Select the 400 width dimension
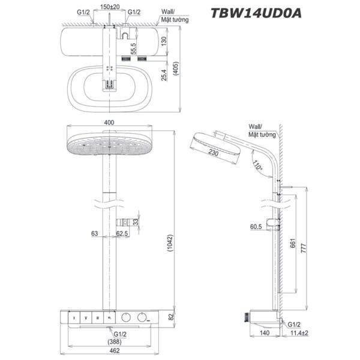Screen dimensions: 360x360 pos(109,122)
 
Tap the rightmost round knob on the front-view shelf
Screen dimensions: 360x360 pos(142,316)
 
